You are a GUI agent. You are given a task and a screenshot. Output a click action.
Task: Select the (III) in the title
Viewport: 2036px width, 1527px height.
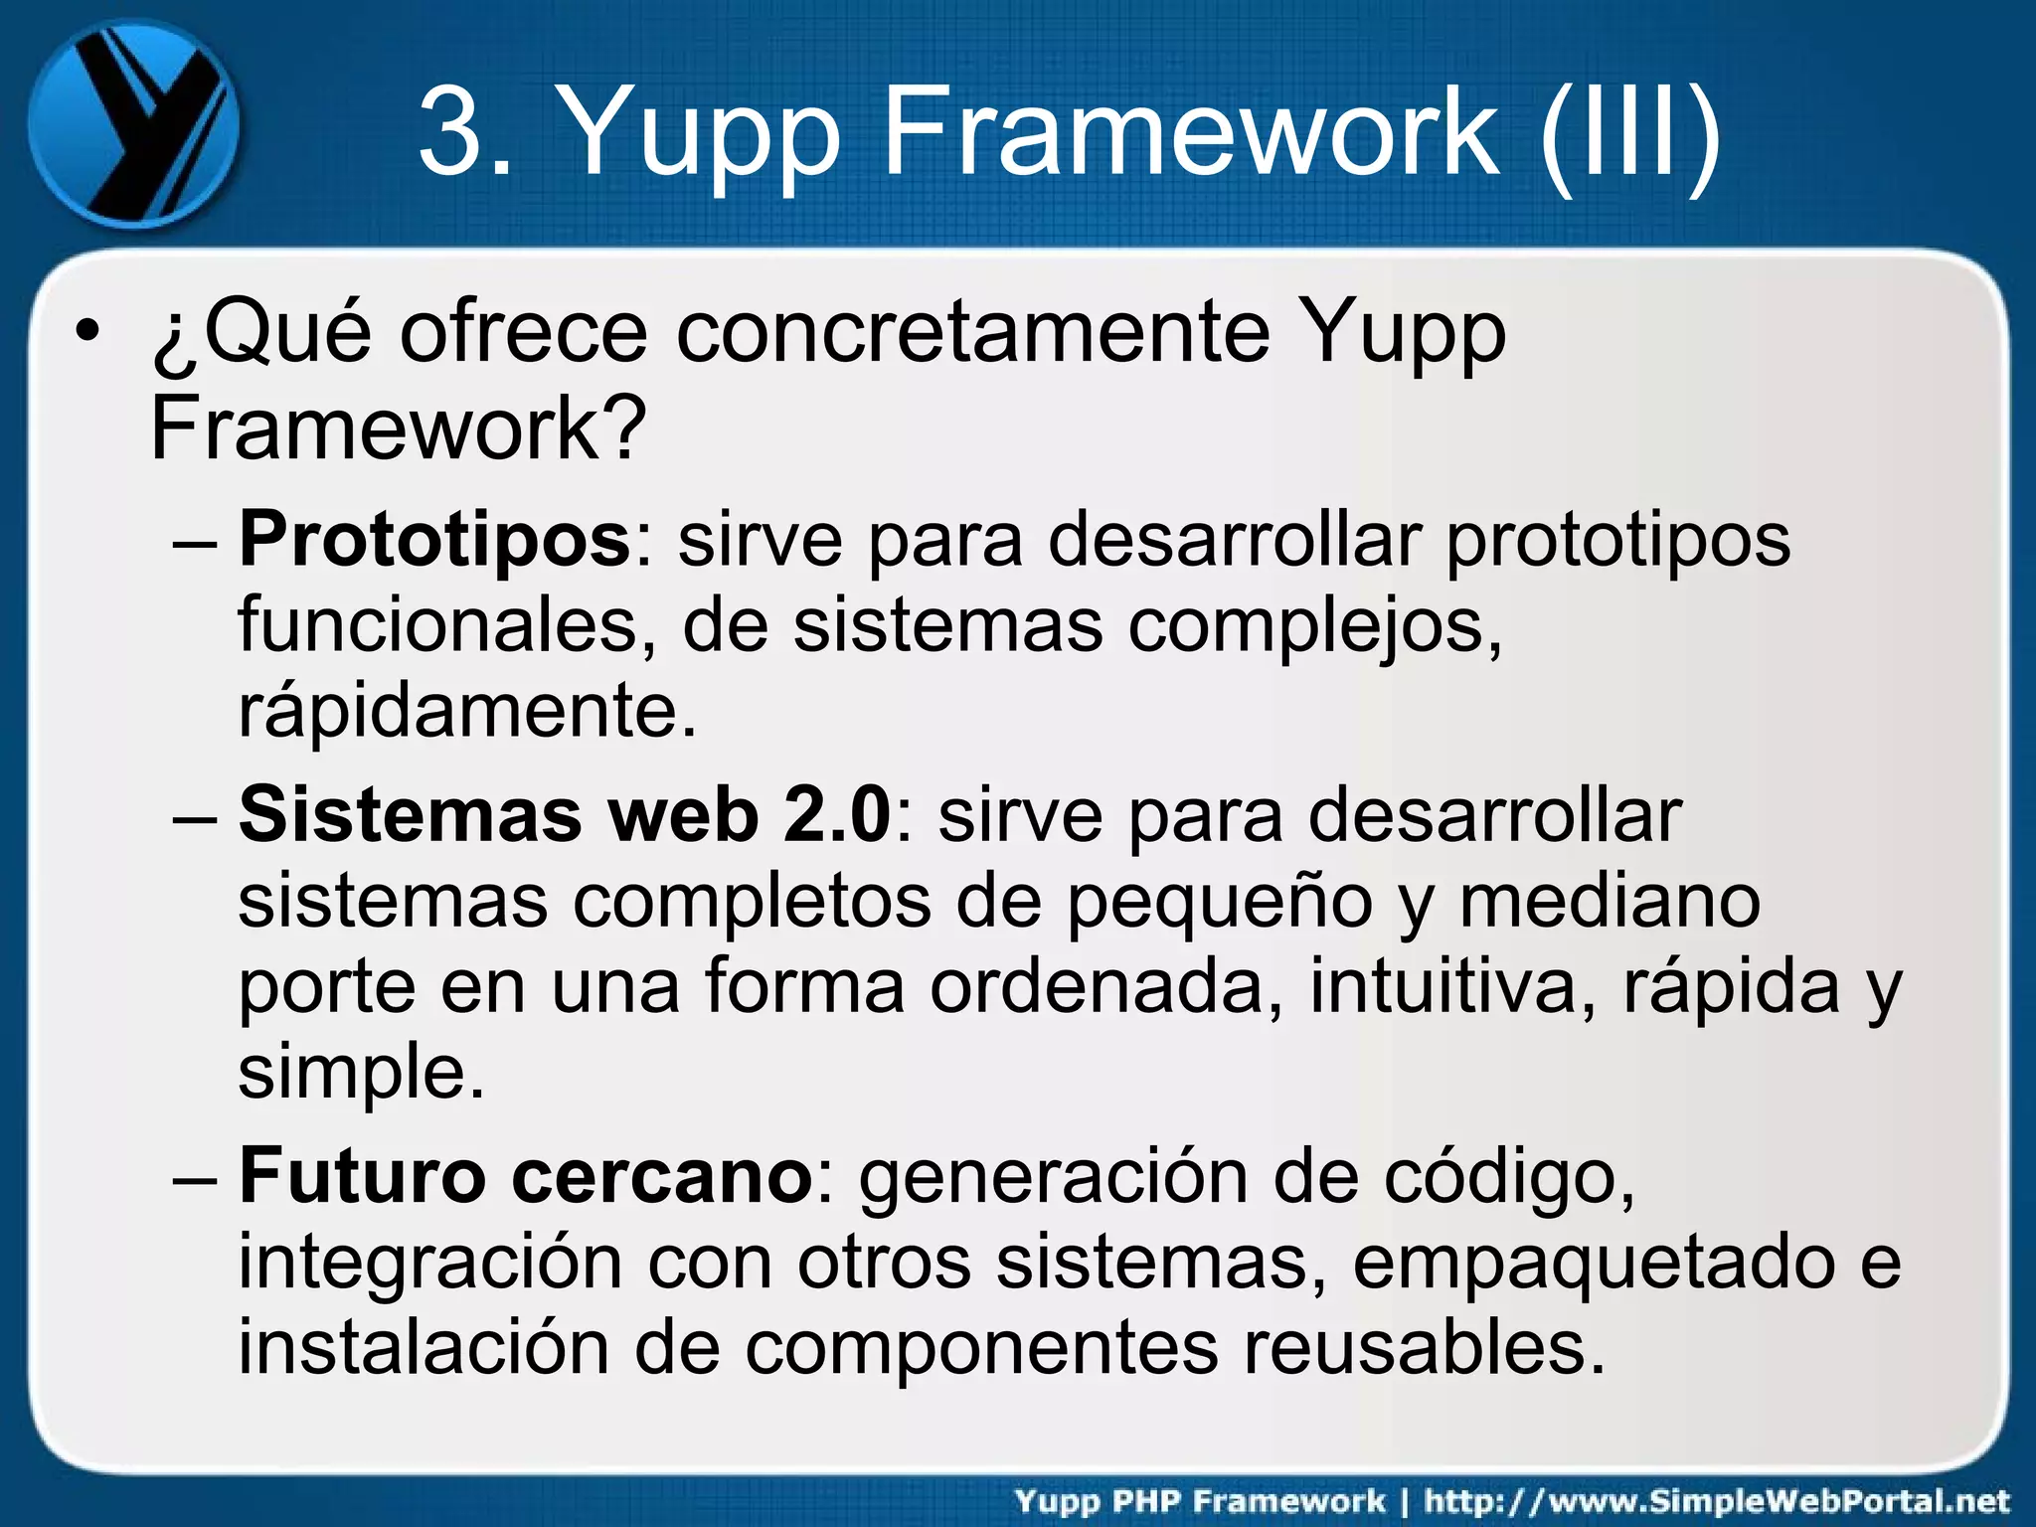coord(1630,132)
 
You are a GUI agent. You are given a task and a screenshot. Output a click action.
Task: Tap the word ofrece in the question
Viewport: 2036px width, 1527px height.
coord(523,332)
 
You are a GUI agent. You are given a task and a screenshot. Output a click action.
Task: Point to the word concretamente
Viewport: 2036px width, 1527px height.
coord(973,332)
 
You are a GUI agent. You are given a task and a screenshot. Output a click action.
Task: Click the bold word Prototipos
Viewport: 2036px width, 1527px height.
coord(434,540)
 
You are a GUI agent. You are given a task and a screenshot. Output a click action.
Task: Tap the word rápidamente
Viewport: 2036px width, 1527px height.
coord(467,711)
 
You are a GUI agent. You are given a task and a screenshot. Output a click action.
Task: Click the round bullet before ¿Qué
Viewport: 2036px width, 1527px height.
coord(88,332)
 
